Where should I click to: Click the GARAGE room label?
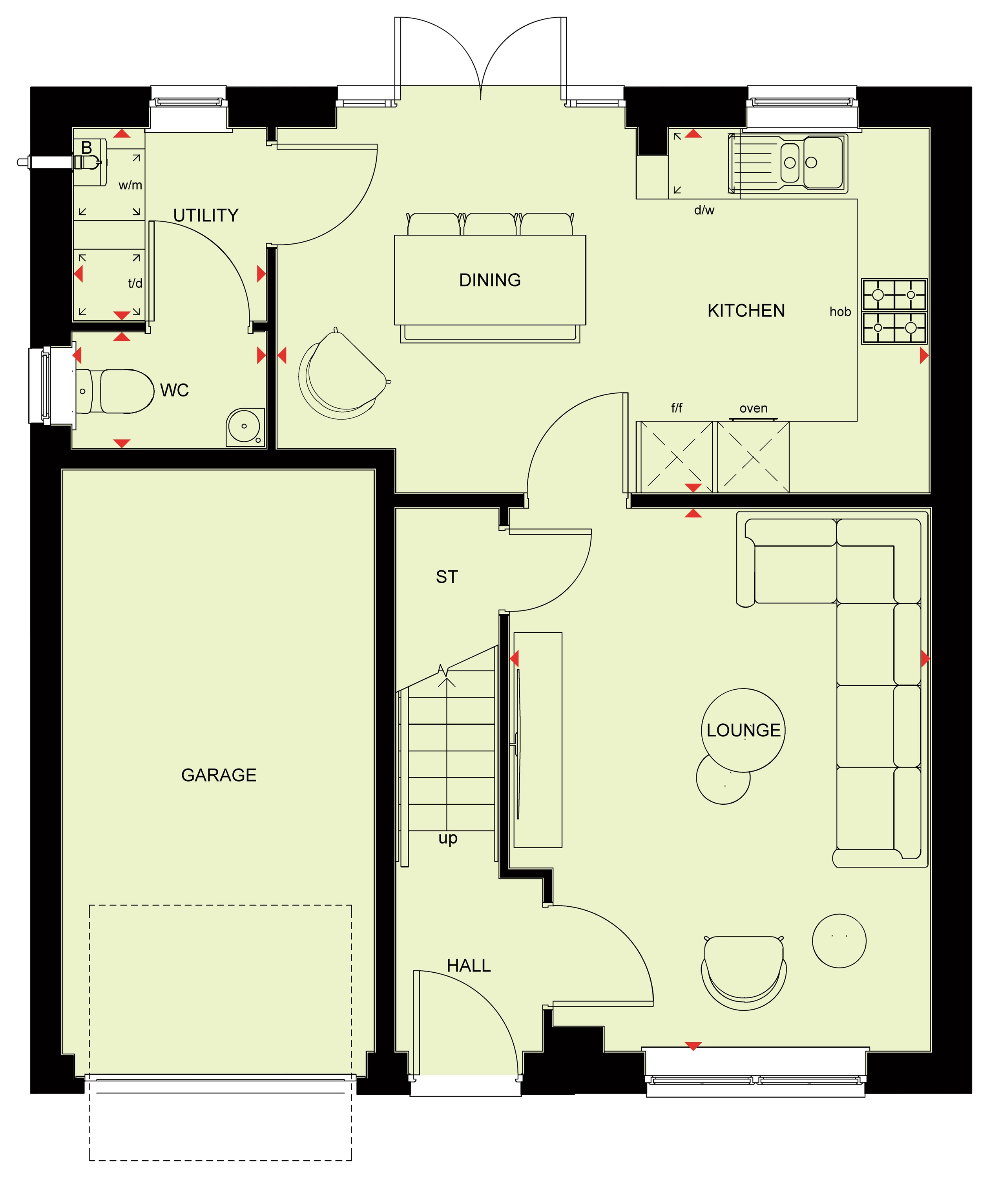219,775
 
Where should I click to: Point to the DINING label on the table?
490,280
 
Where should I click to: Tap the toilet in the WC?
115,391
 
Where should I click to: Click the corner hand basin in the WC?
245,427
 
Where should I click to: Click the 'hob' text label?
840,312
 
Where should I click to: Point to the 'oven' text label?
754,408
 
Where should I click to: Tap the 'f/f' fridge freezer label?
677,408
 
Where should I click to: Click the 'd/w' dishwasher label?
704,210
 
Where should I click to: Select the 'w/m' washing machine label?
130,185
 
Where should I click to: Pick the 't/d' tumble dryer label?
135,283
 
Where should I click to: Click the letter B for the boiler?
86,148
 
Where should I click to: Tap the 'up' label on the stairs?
448,838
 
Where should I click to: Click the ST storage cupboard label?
447,577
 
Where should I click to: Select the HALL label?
469,965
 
